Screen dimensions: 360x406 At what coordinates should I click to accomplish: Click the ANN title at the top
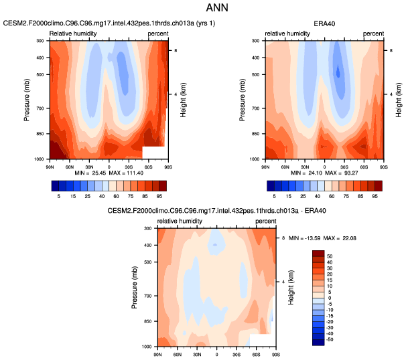203,10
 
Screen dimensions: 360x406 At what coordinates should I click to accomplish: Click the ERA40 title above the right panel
325,23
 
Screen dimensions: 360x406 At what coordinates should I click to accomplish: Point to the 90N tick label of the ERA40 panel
265,164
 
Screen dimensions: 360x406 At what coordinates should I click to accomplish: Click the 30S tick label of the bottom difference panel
236,352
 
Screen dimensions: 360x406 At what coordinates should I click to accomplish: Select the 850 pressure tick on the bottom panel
148,322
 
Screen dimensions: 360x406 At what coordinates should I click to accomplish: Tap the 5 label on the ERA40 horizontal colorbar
273,198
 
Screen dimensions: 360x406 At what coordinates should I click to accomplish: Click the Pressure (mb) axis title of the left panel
28,100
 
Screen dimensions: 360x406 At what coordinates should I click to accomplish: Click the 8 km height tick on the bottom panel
283,238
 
